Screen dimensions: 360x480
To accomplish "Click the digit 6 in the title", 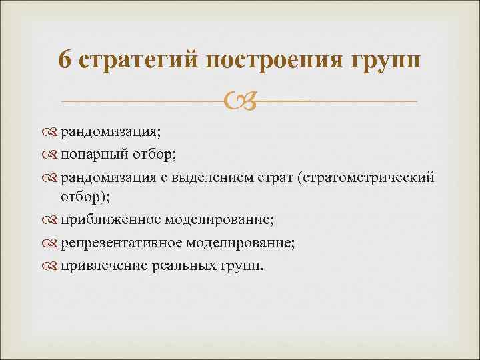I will [x=65, y=60].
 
